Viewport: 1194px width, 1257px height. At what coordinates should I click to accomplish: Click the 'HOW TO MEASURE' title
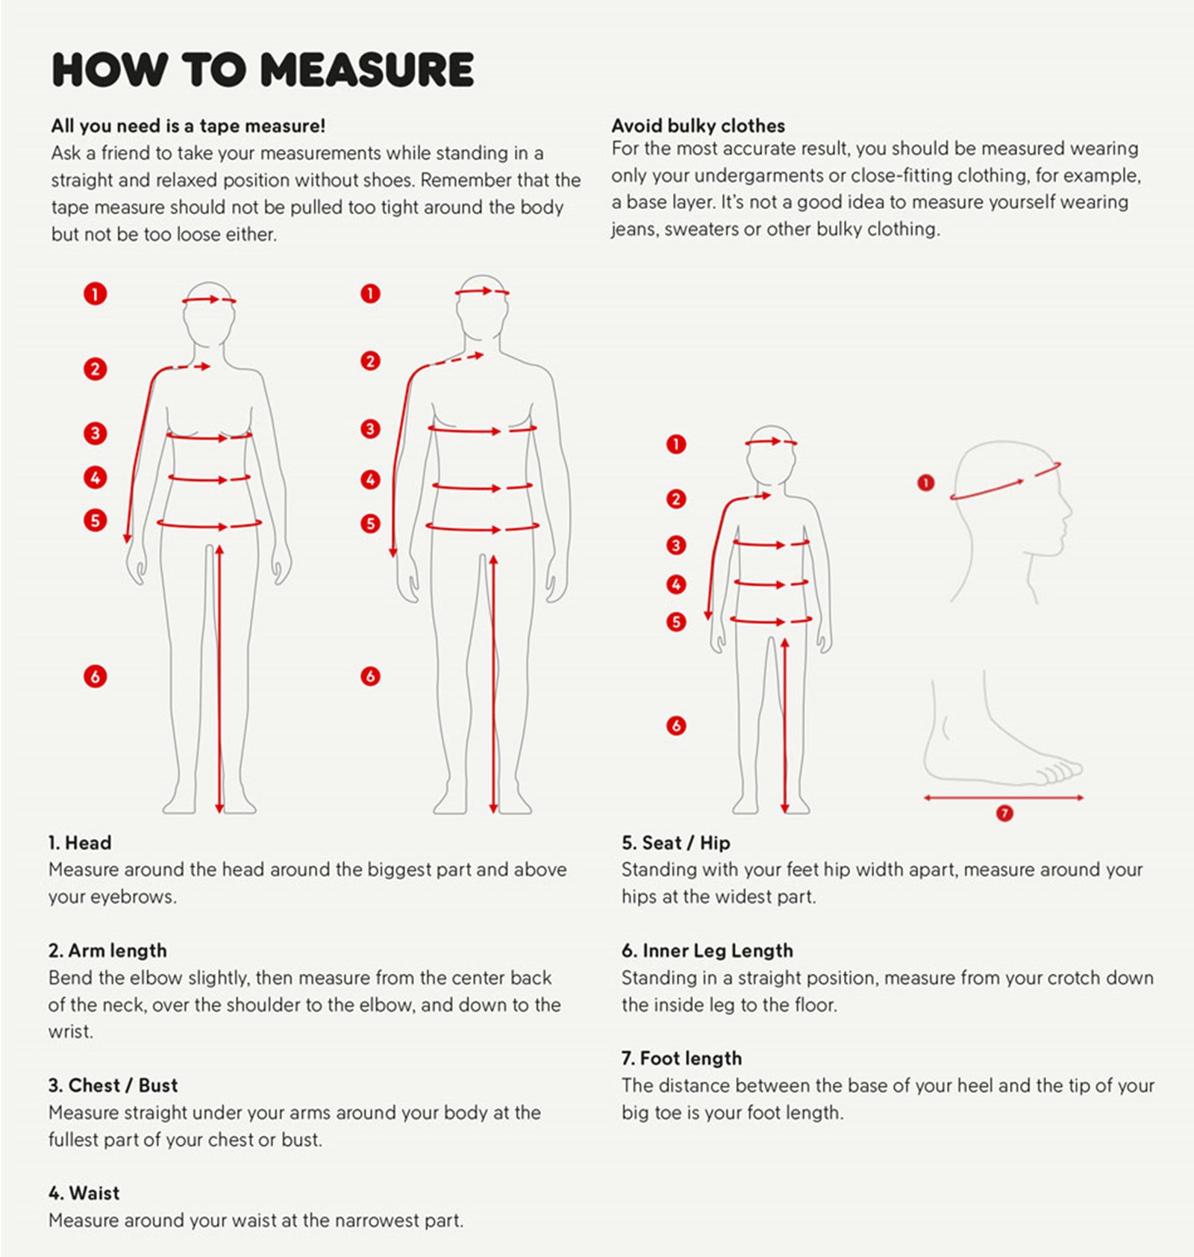point(263,69)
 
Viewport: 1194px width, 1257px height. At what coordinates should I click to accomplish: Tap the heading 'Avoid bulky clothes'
point(698,125)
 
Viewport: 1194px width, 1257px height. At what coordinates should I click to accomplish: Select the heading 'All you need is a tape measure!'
point(188,125)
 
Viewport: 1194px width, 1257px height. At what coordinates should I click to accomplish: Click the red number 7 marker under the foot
point(1004,813)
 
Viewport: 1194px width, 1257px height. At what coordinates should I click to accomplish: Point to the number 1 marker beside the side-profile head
point(925,483)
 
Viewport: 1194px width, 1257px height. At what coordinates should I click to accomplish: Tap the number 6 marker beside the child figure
point(676,726)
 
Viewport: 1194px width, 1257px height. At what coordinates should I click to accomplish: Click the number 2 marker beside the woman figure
point(95,369)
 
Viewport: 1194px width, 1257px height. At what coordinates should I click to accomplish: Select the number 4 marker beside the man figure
point(370,479)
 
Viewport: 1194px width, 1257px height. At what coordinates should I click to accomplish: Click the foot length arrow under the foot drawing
point(1004,798)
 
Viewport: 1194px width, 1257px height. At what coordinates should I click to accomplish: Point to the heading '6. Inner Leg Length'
point(707,950)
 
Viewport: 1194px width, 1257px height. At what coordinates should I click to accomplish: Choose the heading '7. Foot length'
point(681,1058)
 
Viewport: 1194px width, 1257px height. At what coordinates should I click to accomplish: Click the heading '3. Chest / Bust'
point(113,1085)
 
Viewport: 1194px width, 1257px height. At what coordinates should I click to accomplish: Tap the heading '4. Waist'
point(84,1193)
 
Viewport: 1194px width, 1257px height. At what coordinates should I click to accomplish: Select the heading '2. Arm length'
point(107,950)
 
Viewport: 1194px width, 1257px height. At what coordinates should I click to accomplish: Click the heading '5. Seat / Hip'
point(676,843)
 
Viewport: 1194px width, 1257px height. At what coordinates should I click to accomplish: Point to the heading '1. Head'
point(80,843)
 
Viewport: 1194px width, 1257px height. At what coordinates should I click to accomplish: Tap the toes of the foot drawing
point(1060,771)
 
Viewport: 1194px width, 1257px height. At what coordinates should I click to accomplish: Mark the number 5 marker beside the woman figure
point(95,520)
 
